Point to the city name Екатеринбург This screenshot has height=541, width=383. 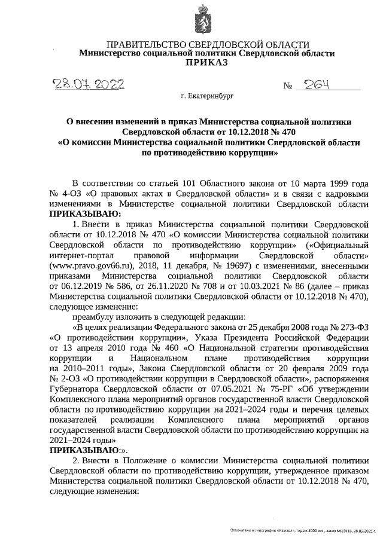[x=206, y=96]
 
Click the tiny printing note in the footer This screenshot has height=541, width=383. [x=305, y=530]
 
